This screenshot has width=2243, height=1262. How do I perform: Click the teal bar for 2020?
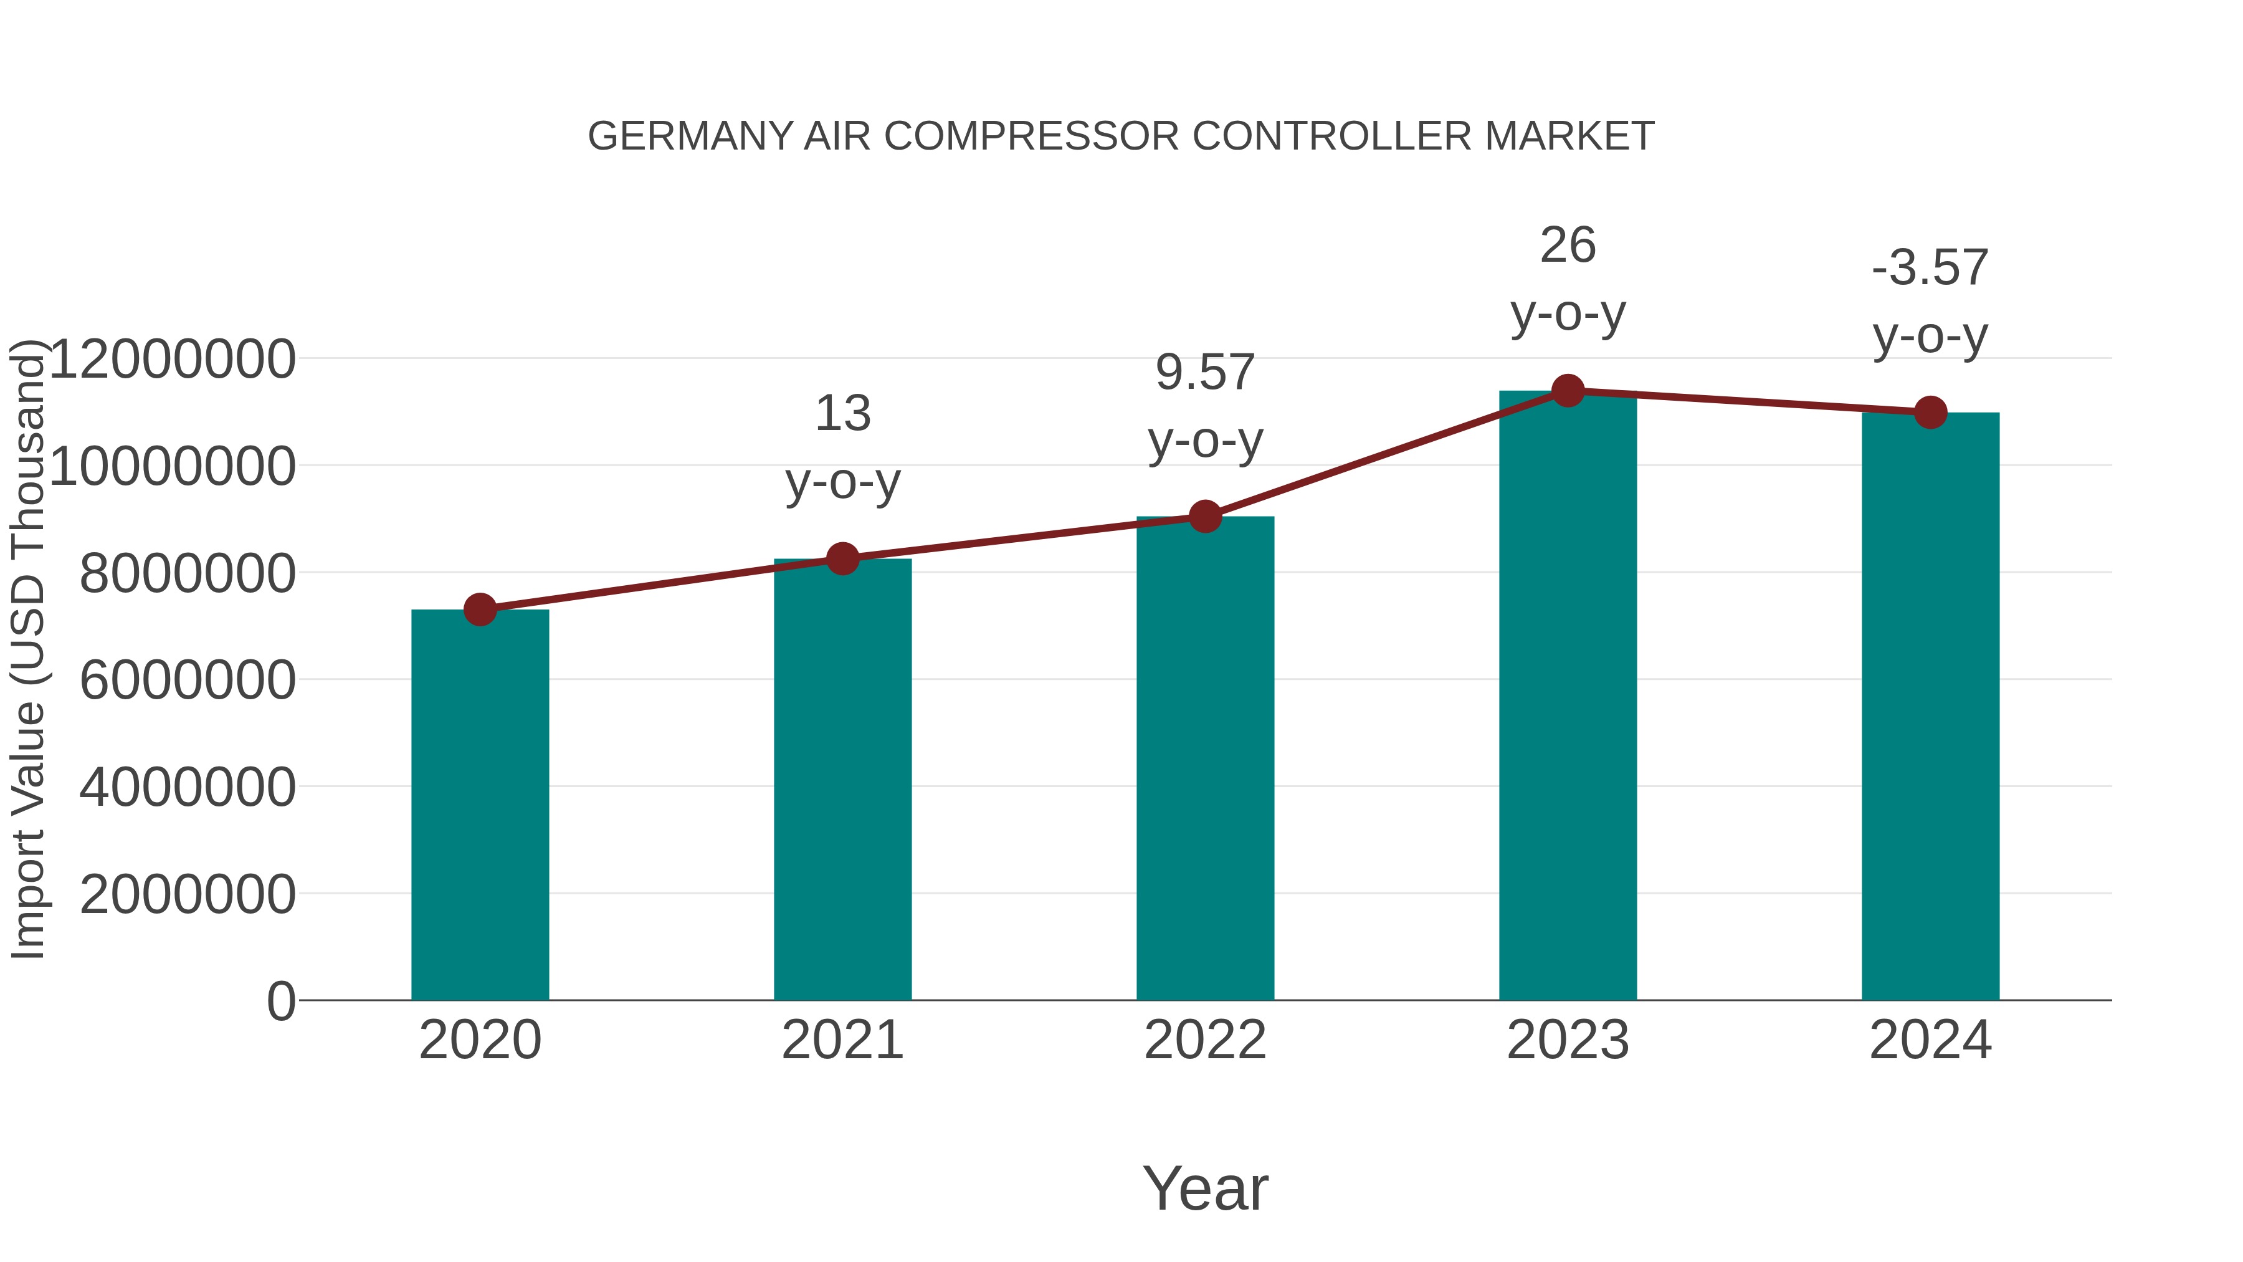[x=480, y=806]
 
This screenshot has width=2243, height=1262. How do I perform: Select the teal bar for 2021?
[x=842, y=780]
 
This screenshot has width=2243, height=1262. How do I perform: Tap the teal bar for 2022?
[x=1205, y=758]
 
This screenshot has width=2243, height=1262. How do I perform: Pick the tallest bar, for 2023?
[x=1568, y=697]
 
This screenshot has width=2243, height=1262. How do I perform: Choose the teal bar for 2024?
[x=1930, y=705]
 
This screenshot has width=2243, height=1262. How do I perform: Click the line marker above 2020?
[x=480, y=609]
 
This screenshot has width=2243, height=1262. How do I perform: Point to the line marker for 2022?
[x=1205, y=517]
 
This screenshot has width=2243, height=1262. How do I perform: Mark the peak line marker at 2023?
[x=1568, y=391]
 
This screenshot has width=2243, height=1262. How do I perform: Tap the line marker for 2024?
[x=1930, y=412]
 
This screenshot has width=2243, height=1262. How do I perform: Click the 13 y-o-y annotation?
[x=842, y=446]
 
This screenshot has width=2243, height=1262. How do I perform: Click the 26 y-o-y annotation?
[x=1568, y=279]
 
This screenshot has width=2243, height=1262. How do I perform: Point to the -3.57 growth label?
[x=1930, y=302]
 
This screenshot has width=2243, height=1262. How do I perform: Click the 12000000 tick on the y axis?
[x=171, y=359]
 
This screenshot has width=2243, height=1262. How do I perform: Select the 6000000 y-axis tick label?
[x=186, y=680]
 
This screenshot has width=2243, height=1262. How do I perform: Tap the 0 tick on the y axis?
[x=280, y=1001]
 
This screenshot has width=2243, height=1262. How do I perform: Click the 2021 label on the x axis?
[x=842, y=1040]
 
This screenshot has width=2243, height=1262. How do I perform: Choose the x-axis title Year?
[x=1205, y=1188]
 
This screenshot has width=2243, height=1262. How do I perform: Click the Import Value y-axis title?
[x=28, y=649]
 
